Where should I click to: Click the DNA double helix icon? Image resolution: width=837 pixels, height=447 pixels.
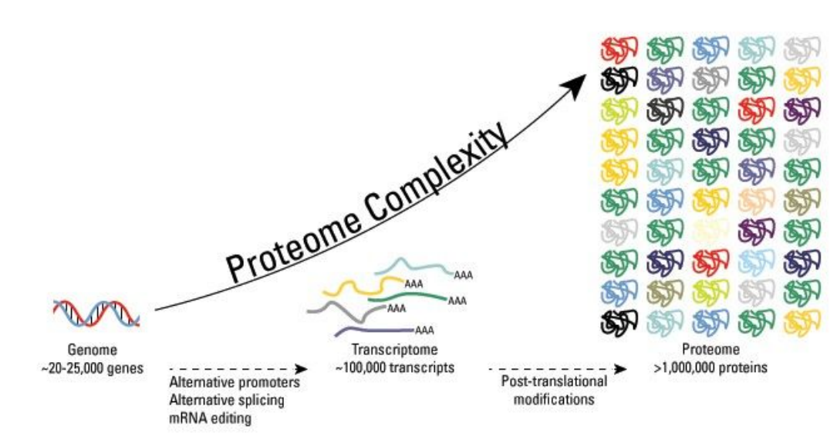[x=96, y=312]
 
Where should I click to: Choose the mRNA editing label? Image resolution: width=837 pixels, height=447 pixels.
[x=210, y=417]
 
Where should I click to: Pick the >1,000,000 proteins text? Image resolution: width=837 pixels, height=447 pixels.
[x=709, y=367]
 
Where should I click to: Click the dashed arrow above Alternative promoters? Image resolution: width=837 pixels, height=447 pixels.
[x=238, y=369]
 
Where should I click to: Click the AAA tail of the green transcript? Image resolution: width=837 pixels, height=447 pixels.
[x=458, y=300]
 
